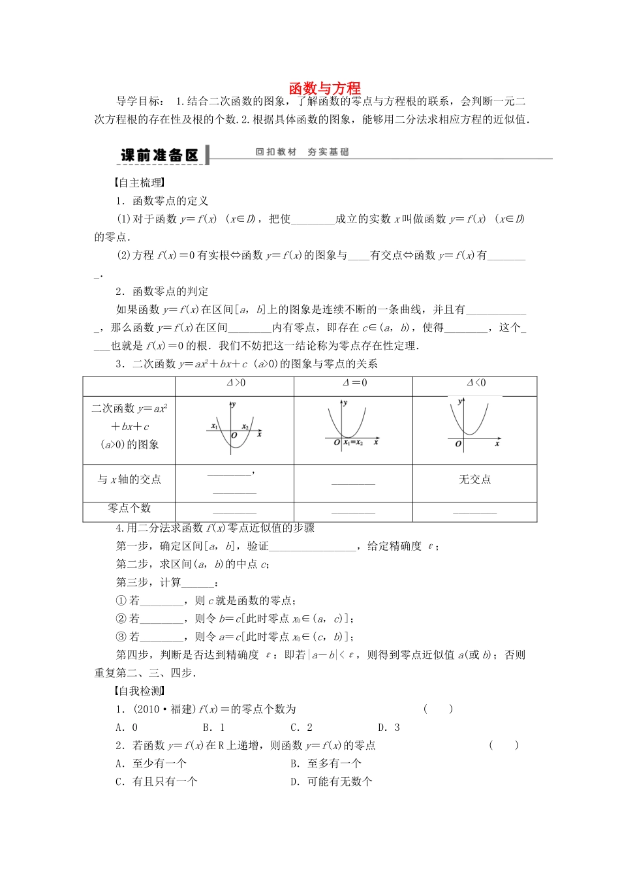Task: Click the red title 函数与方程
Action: coord(324,88)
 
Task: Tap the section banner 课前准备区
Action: coord(159,155)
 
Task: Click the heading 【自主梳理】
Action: coord(139,183)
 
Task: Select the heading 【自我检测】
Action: coord(139,690)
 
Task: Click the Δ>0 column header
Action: coord(235,383)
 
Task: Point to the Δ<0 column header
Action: coord(476,383)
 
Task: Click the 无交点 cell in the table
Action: coord(474,480)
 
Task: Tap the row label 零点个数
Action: coord(129,508)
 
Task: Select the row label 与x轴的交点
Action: coord(129,480)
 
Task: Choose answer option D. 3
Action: coord(389,727)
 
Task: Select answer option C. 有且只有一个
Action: coord(157,781)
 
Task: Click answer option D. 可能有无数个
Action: coord(332,781)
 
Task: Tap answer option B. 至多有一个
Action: coord(326,763)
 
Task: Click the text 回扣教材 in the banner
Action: coord(275,152)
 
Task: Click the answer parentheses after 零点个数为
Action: coord(438,709)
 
